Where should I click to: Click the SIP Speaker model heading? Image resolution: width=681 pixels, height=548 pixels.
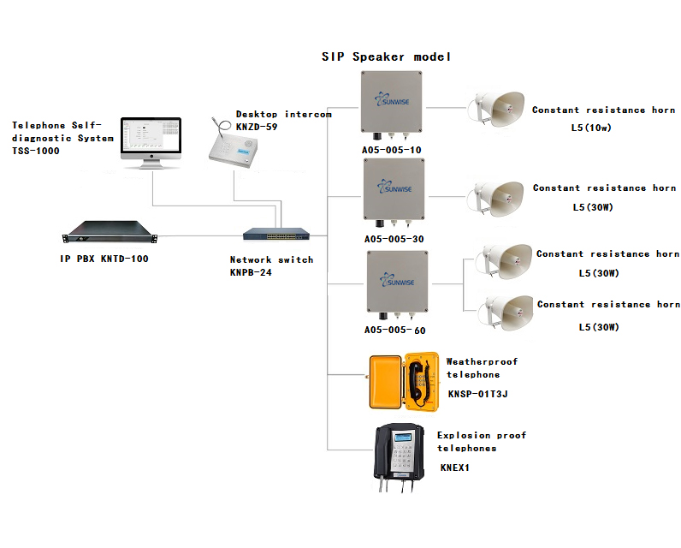tap(386, 57)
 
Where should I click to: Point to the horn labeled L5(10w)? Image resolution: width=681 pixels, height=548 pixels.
tap(496, 109)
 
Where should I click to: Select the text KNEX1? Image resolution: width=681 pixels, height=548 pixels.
tap(455, 468)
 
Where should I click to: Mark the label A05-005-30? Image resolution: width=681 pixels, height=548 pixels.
tap(393, 240)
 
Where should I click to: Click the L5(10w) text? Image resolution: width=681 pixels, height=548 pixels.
tap(595, 128)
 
